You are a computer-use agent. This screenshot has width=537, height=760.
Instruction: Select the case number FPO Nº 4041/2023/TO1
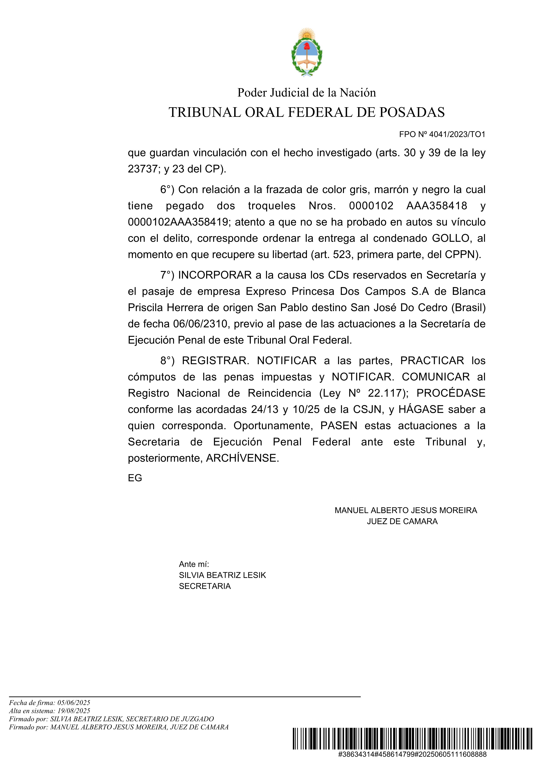[x=442, y=134]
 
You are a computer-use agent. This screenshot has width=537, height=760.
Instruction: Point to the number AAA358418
[x=437, y=206]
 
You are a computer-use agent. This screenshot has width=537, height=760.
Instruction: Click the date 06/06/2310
[x=201, y=324]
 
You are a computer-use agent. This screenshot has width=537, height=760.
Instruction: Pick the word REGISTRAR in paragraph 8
[x=215, y=361]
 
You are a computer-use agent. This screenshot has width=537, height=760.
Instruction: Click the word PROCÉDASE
[x=451, y=393]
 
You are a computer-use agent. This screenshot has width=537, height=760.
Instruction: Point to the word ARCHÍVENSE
[x=242, y=458]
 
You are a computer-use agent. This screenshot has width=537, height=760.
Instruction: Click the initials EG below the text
[x=135, y=478]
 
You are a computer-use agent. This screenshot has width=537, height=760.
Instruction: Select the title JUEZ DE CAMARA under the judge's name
[x=402, y=521]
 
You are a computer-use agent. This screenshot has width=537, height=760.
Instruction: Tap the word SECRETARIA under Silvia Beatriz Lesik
[x=205, y=586]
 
